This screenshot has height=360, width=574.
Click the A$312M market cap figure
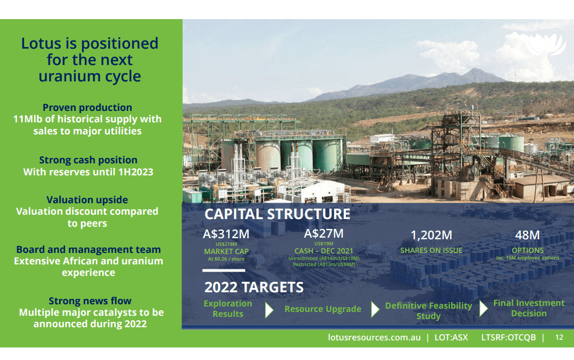(226, 234)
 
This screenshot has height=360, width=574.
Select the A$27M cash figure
(324, 234)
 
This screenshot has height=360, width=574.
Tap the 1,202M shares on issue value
(431, 235)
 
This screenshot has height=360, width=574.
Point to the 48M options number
(528, 235)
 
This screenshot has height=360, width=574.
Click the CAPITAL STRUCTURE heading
(277, 214)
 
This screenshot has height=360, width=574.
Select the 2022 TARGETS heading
(254, 287)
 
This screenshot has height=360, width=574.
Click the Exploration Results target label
(228, 309)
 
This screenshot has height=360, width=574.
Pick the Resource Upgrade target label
(323, 309)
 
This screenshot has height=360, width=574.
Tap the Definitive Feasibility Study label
(428, 311)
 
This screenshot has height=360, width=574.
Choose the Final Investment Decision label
(529, 308)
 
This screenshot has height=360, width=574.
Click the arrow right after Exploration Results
(269, 310)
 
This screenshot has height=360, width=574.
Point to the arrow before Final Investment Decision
(483, 309)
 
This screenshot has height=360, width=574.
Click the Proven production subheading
(87, 108)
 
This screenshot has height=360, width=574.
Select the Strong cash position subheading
(88, 160)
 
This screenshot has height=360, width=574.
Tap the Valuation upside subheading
(87, 200)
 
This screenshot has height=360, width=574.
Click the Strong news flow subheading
(90, 301)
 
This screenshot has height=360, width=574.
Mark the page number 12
(559, 338)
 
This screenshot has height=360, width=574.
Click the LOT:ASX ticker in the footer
(451, 338)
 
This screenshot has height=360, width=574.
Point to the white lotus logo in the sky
(549, 45)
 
